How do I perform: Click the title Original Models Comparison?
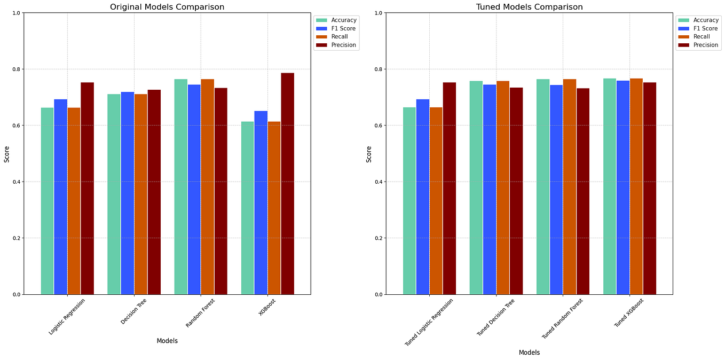point(167,7)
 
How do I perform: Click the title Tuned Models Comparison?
point(529,7)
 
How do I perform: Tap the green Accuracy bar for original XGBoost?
point(247,208)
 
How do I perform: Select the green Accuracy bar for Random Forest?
point(180,186)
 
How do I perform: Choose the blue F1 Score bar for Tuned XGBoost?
point(622,187)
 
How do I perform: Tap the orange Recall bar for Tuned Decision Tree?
point(502,187)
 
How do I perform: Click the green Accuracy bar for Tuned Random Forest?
point(542,186)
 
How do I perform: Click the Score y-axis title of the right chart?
point(369,154)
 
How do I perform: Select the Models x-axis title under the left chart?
point(167,341)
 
